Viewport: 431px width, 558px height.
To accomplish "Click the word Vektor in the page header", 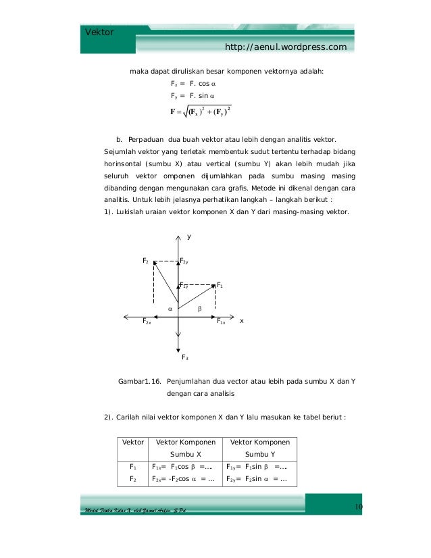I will coord(99,32).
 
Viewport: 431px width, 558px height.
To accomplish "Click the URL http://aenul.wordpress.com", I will coord(286,47).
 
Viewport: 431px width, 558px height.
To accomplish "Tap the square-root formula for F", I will coord(205,110).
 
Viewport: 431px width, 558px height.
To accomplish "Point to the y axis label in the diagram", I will coord(189,236).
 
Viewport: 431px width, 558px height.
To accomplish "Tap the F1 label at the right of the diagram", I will coord(220,285).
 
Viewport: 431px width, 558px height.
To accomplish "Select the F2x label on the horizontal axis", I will coord(147,323).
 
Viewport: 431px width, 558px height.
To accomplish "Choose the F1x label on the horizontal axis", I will coord(221,323).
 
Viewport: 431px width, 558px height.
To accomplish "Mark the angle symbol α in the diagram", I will coord(170,308).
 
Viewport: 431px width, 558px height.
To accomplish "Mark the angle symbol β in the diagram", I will coord(199,308).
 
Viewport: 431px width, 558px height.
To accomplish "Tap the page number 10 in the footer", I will coord(359,508).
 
